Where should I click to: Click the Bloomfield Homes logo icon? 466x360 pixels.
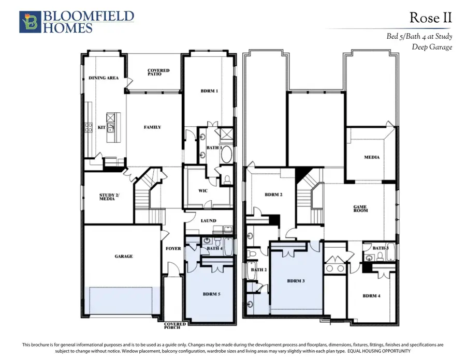pyautogui.click(x=30, y=22)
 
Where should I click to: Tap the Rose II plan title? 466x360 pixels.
pyautogui.click(x=431, y=18)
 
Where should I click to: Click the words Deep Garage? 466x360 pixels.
pyautogui.click(x=432, y=47)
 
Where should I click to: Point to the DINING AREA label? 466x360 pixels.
pyautogui.click(x=104, y=78)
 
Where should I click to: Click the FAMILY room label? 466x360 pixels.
pyautogui.click(x=152, y=127)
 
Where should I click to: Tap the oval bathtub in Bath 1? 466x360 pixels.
pyautogui.click(x=226, y=154)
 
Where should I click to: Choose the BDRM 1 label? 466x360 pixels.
pyautogui.click(x=209, y=91)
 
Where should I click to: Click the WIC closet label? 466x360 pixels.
pyautogui.click(x=203, y=190)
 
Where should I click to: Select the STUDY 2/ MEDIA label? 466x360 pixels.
pyautogui.click(x=109, y=197)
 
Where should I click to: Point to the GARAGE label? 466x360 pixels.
pyautogui.click(x=124, y=256)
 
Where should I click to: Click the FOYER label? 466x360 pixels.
pyautogui.click(x=173, y=248)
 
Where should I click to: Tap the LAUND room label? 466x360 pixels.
pyautogui.click(x=208, y=220)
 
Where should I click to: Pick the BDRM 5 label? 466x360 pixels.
pyautogui.click(x=212, y=294)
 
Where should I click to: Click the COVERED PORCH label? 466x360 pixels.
pyautogui.click(x=175, y=325)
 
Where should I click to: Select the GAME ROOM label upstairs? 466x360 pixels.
pyautogui.click(x=360, y=208)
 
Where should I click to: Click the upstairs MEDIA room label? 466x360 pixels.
pyautogui.click(x=372, y=157)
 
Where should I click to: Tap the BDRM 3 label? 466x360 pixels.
pyautogui.click(x=296, y=281)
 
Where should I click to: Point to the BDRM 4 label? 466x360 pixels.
pyautogui.click(x=371, y=295)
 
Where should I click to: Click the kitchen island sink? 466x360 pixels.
pyautogui.click(x=111, y=128)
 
